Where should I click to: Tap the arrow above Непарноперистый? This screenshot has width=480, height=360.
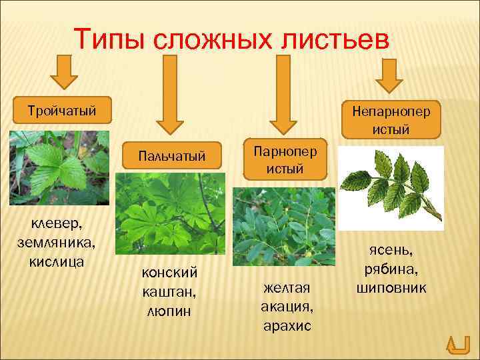389,77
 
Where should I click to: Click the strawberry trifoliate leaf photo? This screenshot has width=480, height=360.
59,167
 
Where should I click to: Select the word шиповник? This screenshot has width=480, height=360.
391,288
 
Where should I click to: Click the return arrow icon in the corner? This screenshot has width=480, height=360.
457,343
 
